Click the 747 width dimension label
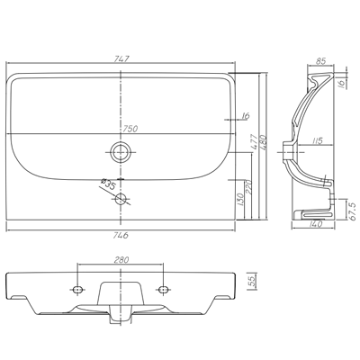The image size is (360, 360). click(121, 59)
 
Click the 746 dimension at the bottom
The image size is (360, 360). click(121, 235)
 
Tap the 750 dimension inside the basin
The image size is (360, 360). click(130, 129)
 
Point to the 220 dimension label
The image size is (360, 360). click(248, 187)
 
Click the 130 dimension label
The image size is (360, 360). click(240, 200)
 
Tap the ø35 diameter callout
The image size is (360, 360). click(109, 184)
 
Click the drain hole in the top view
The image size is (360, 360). click(121, 152)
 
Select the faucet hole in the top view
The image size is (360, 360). click(121, 199)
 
